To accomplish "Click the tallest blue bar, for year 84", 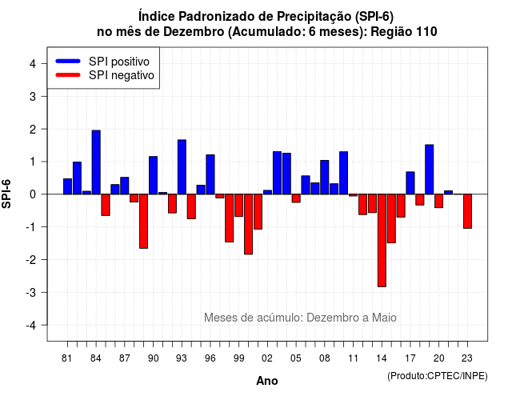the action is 96,162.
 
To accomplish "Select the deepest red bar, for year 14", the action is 382,240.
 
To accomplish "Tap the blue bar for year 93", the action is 182,167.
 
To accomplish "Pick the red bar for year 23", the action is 467,211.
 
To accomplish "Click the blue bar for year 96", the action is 210,174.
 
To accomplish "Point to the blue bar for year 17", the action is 410,183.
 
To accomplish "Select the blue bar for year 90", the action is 153,175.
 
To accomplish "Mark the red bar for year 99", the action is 238,206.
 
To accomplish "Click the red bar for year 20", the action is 439,201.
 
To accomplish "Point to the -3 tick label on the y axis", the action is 31,292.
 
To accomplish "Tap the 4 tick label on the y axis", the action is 33,63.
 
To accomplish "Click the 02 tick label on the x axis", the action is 266,358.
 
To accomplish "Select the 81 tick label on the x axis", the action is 66,358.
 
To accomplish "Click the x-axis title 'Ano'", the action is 267,381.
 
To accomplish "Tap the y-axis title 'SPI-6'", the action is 6,194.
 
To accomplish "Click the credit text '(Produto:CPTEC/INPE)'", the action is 438,376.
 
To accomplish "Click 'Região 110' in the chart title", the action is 404,32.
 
